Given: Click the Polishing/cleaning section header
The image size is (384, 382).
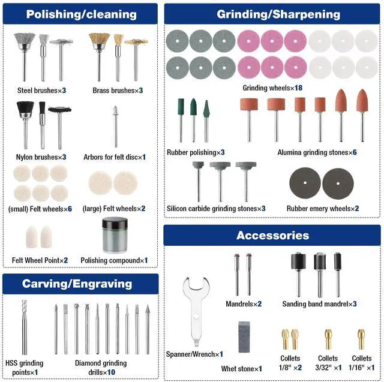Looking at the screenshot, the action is coord(80,14).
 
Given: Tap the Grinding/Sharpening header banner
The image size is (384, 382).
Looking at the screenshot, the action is coord(278,14).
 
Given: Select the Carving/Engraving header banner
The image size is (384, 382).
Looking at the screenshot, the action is coord(80,283).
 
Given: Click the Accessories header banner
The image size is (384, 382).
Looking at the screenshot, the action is coord(272,235).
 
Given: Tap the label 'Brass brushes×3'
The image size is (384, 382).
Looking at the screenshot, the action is coord(118,91).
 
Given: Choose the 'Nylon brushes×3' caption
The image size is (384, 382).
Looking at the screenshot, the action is coord(42,157).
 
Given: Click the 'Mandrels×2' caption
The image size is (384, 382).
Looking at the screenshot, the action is coord(244,304).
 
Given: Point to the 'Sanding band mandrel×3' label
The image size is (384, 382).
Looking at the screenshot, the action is coord(319,304).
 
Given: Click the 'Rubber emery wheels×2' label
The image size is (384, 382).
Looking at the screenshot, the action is coord(323,209).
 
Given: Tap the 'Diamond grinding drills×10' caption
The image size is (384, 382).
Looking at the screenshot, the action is coord(101,367).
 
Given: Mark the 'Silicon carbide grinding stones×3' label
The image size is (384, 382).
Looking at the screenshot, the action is coord(216,209).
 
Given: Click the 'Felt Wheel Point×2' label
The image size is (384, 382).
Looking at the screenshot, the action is coord(40,260).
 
